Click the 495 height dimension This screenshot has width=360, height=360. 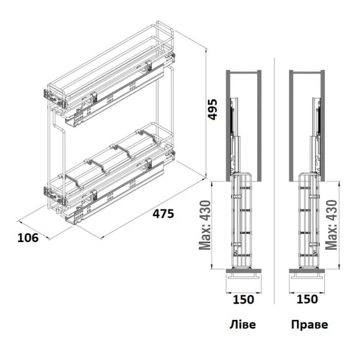212,109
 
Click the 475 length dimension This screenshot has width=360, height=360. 163,214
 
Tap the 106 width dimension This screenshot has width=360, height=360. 28,238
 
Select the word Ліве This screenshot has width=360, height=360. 243,324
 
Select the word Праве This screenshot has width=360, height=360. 310,324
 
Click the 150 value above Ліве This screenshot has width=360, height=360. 243,300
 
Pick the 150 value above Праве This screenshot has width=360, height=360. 307,299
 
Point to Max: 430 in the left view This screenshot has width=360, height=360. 205,225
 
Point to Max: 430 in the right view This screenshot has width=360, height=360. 331,225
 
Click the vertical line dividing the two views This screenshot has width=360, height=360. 274,181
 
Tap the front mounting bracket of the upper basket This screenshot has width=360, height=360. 55,99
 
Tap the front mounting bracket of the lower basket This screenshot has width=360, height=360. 55,196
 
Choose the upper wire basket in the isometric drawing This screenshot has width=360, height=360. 110,67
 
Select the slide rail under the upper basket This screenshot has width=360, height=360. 115,96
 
